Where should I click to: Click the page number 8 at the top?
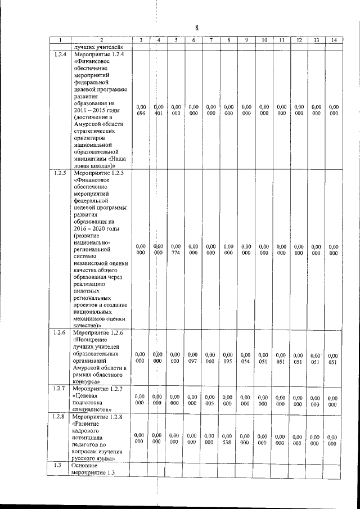[197, 28]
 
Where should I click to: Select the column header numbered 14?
[334, 40]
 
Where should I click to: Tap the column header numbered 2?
[102, 40]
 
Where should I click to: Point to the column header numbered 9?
[246, 40]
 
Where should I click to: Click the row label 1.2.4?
[60, 54]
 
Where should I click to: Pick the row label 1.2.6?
[60, 333]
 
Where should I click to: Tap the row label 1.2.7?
[60, 389]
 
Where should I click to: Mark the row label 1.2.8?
[60, 417]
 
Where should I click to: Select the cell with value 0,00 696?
[142, 110]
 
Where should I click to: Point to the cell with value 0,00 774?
[176, 249]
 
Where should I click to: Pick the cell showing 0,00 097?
[193, 358]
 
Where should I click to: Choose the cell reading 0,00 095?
[228, 358]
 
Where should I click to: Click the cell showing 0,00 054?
[246, 358]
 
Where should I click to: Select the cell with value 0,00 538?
[228, 439]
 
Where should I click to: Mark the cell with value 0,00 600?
[228, 400]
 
